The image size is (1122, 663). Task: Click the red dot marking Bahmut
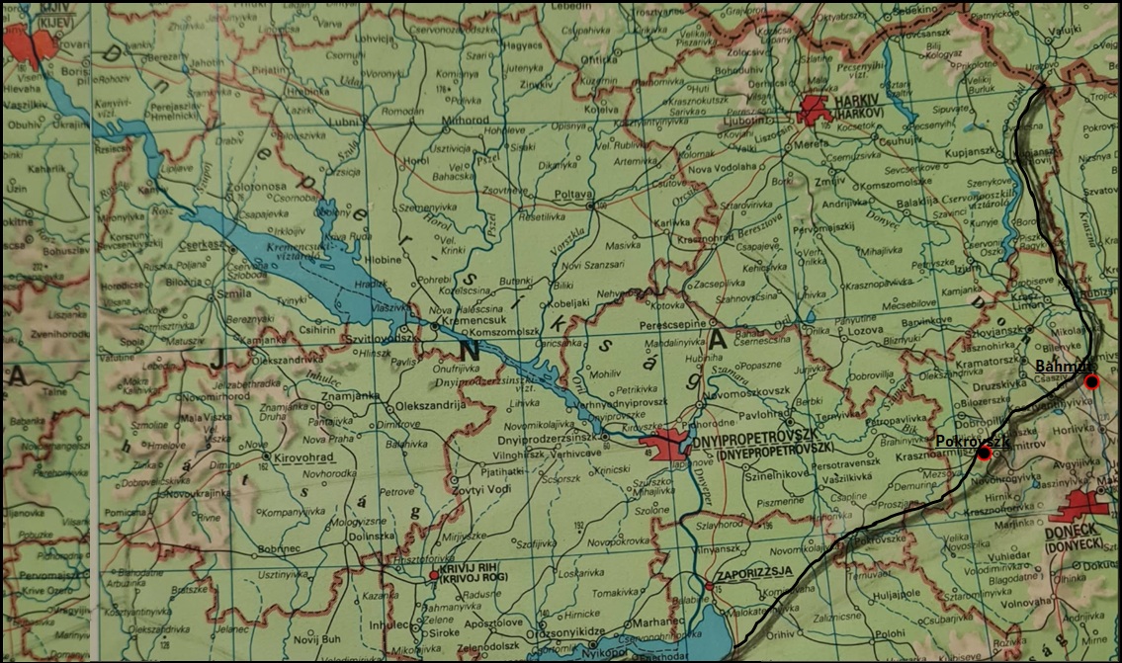pos(1091,381)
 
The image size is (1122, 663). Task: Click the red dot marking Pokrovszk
pos(983,453)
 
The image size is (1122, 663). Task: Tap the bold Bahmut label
pos(1057,368)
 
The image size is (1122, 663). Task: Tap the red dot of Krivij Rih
pos(433,574)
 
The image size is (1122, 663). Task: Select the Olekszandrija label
pos(428,406)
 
